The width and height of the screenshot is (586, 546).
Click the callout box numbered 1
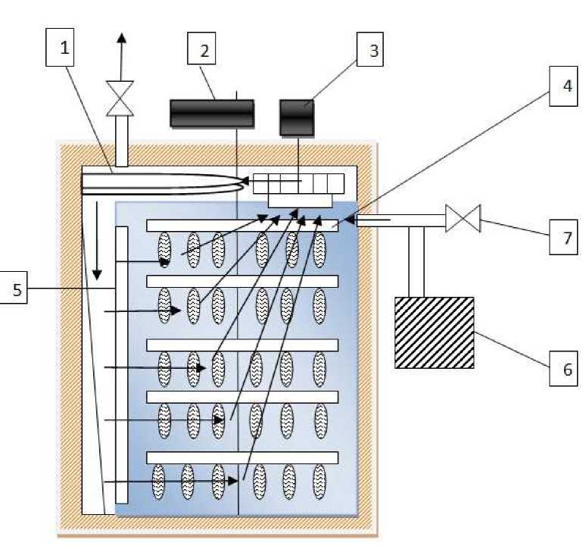(60, 48)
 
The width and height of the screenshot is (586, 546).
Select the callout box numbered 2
(201, 48)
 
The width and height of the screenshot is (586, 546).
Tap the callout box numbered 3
(370, 49)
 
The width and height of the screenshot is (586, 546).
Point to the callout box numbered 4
(563, 86)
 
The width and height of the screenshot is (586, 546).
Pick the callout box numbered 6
(563, 369)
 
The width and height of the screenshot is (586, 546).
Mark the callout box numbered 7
(563, 237)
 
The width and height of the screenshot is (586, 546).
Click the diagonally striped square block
(435, 332)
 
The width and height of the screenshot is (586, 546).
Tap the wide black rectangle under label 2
(212, 114)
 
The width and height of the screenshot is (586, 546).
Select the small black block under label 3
(297, 117)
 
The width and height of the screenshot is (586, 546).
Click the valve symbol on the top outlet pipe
(120, 98)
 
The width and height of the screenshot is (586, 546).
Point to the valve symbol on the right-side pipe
(463, 219)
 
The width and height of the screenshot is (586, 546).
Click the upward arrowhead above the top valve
(122, 38)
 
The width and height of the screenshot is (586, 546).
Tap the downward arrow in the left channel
(97, 241)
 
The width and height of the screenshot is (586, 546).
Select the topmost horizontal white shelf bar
(242, 226)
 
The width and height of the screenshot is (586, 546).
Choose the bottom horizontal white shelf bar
(242, 458)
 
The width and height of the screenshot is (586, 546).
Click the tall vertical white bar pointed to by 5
(122, 365)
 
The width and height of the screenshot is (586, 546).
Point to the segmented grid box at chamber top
(298, 183)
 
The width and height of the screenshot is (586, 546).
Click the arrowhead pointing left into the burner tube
(245, 181)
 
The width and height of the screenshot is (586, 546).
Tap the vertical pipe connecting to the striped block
(416, 262)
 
